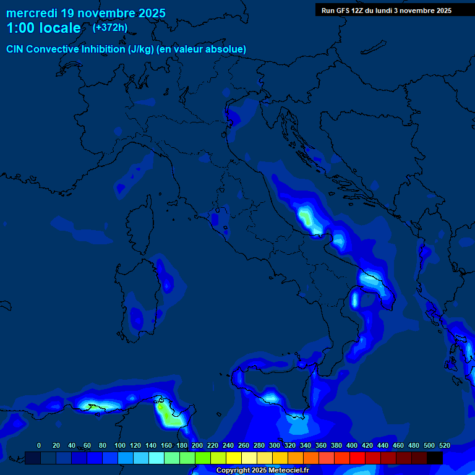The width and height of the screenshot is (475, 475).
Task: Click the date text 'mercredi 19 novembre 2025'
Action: (x=85, y=13)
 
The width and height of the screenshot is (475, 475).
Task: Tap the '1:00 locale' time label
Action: (x=43, y=28)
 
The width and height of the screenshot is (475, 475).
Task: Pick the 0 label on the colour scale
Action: (x=39, y=445)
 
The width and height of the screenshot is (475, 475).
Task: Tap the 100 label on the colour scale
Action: (x=120, y=445)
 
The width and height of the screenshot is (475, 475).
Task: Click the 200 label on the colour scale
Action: (x=197, y=445)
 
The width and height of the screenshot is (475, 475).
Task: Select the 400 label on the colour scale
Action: (x=352, y=445)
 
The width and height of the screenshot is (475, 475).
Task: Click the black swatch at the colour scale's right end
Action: (x=435, y=458)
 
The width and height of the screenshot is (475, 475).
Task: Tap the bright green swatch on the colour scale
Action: (x=203, y=458)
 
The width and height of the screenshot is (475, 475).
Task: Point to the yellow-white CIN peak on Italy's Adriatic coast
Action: (x=306, y=217)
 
